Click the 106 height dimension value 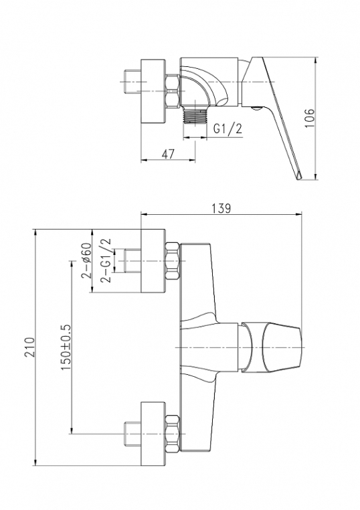(x=310, y=118)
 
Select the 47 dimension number (x=168, y=154)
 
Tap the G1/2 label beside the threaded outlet (x=228, y=129)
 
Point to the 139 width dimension (x=221, y=208)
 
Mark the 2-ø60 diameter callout (x=86, y=260)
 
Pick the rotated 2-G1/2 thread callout (x=106, y=260)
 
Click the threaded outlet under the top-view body (x=195, y=115)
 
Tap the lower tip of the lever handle (x=299, y=179)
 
